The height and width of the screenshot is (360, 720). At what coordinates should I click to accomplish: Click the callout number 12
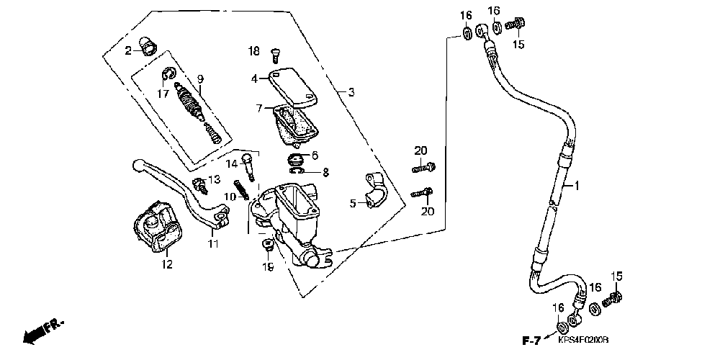click(167, 264)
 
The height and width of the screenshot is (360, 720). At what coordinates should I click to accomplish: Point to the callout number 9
click(200, 78)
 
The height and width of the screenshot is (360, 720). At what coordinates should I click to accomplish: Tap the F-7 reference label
click(531, 339)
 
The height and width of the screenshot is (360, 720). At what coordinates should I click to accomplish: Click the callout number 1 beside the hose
click(577, 186)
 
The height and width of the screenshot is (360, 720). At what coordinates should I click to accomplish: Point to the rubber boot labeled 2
click(148, 48)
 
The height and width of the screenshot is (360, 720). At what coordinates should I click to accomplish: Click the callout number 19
click(268, 267)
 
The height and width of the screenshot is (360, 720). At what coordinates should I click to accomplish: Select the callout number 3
click(351, 92)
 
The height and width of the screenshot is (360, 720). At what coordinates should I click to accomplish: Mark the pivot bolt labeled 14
click(249, 163)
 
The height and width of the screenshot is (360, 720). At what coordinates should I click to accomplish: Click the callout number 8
click(325, 172)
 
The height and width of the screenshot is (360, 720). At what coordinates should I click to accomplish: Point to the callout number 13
click(214, 179)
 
